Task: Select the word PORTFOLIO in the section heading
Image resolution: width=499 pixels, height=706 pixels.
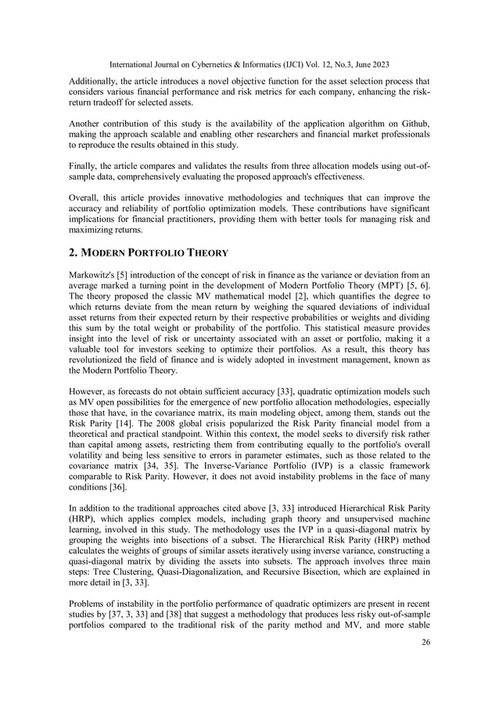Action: (149, 253)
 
